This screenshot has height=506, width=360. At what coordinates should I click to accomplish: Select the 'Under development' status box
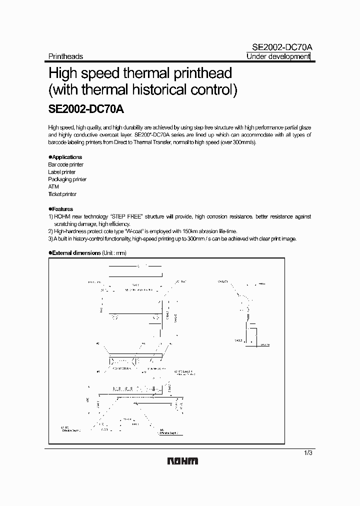[278, 56]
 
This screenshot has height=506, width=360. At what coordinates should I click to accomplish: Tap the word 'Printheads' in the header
[65, 56]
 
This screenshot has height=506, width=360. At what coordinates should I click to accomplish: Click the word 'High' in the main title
[62, 73]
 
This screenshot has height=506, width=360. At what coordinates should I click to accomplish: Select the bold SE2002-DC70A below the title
[89, 108]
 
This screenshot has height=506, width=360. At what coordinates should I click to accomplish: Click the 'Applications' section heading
[66, 157]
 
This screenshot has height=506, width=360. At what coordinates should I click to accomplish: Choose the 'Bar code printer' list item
[65, 164]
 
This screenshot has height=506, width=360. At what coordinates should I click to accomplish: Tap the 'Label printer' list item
[61, 172]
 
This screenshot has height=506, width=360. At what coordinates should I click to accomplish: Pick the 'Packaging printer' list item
[67, 179]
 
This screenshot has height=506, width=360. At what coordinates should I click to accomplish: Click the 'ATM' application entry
[53, 186]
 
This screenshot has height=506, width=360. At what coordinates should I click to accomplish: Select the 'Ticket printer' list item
[62, 194]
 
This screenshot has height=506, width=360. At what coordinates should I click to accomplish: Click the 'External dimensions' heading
[76, 253]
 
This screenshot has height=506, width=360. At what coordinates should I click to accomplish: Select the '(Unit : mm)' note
[114, 253]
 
